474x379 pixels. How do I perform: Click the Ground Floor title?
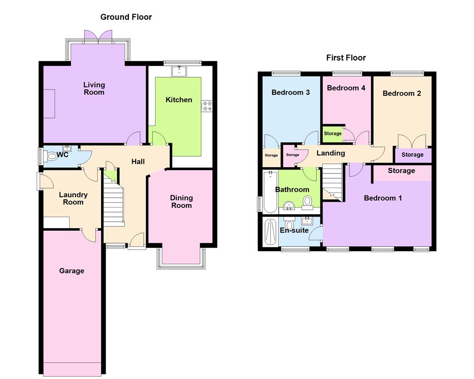[x=126, y=17]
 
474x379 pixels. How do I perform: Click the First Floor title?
[x=346, y=58]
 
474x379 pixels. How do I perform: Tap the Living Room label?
[x=94, y=89]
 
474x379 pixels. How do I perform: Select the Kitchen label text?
[x=179, y=99]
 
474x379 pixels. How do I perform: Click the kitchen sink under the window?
[x=180, y=71]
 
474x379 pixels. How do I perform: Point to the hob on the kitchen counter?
[x=207, y=106]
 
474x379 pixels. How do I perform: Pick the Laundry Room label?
[x=73, y=198]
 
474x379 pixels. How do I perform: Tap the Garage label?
[x=72, y=271]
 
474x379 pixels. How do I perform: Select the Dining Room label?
[x=182, y=201]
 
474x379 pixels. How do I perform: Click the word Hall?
[x=138, y=162]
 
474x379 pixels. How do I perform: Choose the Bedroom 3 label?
[x=291, y=92]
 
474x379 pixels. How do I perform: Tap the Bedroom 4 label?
[x=346, y=88]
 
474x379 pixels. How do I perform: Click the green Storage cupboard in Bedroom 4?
[x=333, y=134]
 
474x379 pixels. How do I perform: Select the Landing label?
[x=330, y=153]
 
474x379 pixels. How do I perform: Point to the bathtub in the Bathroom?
[x=270, y=192]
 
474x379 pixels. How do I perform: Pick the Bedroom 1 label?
[x=383, y=198]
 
